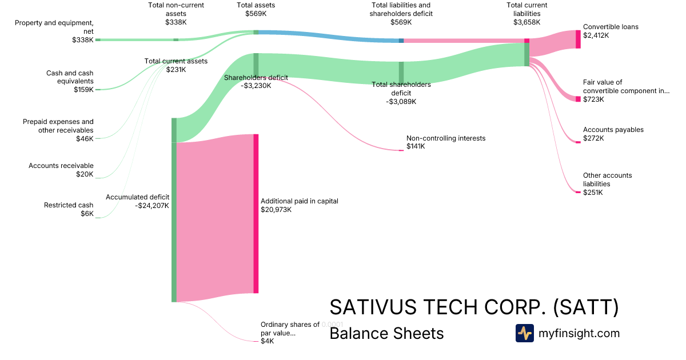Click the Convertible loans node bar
(578, 39)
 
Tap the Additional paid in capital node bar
(256, 213)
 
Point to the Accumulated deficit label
(137, 197)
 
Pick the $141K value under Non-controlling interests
(416, 147)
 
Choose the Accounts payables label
(613, 130)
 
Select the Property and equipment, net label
(54, 27)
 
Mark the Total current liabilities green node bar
(527, 54)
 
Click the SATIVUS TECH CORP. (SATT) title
(474, 307)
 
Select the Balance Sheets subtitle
(386, 333)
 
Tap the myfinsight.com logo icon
(524, 333)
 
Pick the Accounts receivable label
(61, 166)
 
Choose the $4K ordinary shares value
(267, 341)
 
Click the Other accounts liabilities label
(607, 179)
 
